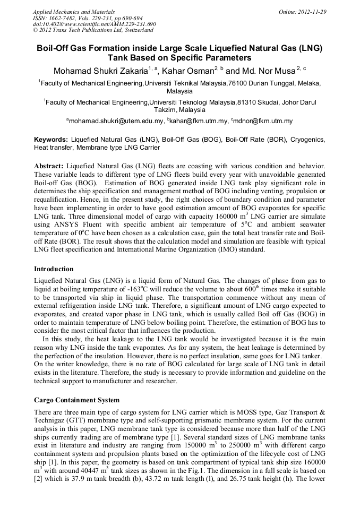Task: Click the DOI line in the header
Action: tap(95, 24)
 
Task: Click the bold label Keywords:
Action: tap(51, 139)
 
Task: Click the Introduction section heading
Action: tap(54, 269)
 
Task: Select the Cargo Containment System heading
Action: tap(76, 400)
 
